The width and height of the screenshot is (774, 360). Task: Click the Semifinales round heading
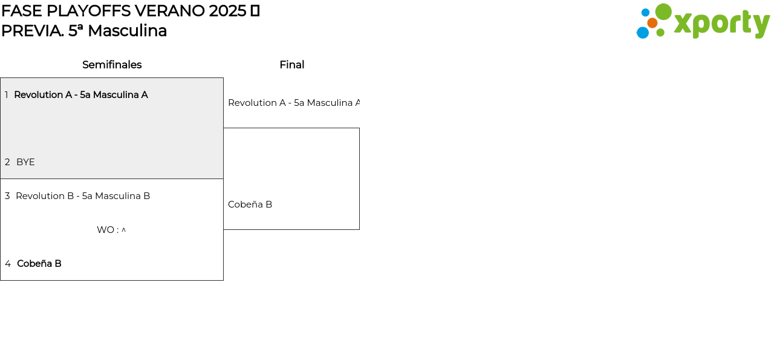tap(112, 65)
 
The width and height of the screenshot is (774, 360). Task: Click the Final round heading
tap(292, 65)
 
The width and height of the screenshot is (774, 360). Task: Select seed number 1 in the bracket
tap(7, 95)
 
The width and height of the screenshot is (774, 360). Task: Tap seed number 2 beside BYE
tap(7, 162)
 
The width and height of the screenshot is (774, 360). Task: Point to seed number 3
tap(7, 196)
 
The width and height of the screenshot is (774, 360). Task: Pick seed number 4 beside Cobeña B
tap(8, 264)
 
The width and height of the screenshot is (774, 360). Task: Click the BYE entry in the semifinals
tap(25, 162)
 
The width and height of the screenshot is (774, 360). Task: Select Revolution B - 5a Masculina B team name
tap(83, 196)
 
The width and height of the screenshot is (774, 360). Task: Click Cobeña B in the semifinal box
tap(39, 264)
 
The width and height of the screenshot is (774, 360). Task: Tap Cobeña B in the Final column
tap(250, 205)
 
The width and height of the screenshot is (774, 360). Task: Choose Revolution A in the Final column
tap(294, 103)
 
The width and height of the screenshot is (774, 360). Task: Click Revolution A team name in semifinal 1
tap(81, 95)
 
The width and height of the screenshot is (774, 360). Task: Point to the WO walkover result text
tap(111, 230)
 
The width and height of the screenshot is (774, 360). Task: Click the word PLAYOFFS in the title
tap(89, 11)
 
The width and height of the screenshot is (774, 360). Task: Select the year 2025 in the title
tap(227, 11)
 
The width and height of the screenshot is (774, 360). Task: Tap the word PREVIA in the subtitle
tap(33, 31)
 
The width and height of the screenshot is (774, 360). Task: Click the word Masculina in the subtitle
tap(127, 31)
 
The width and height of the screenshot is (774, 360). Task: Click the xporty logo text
tap(722, 24)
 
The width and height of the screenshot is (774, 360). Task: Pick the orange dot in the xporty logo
tap(652, 23)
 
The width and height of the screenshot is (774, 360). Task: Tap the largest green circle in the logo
tap(663, 11)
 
